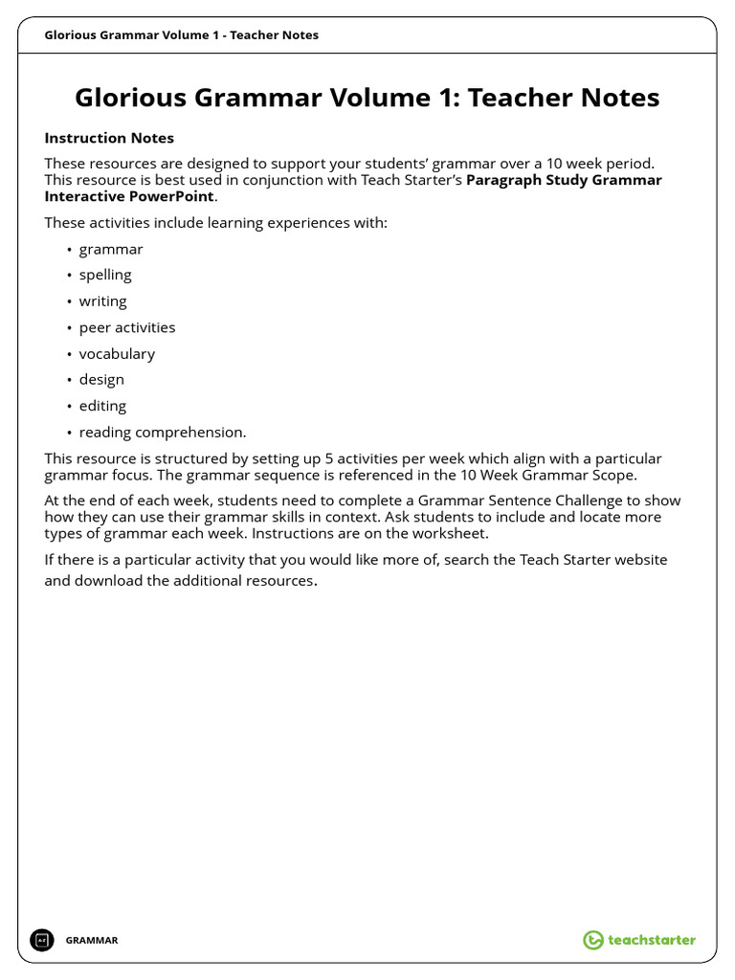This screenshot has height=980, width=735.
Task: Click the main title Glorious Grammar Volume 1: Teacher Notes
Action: pyautogui.click(x=367, y=98)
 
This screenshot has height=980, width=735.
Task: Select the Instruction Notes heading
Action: pyautogui.click(x=109, y=138)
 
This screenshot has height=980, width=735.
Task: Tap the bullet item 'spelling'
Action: pyautogui.click(x=105, y=275)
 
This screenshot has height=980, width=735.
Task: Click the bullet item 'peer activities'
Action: pyautogui.click(x=127, y=327)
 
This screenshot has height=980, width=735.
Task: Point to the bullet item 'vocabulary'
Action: pyautogui.click(x=117, y=353)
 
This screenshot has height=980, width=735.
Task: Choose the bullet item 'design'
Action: pyautogui.click(x=101, y=379)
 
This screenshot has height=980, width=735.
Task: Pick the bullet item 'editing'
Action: pyautogui.click(x=102, y=406)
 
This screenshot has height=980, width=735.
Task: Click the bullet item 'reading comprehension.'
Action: pyautogui.click(x=163, y=432)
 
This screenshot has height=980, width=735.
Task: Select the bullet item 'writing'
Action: pyautogui.click(x=102, y=301)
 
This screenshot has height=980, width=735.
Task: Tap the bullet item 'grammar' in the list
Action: pyautogui.click(x=111, y=249)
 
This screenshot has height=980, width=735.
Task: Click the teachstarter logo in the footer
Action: pyautogui.click(x=639, y=940)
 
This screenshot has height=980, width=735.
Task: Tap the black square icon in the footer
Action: pyautogui.click(x=41, y=940)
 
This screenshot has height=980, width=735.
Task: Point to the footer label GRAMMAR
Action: pyautogui.click(x=92, y=941)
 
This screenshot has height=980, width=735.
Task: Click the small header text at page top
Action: pyautogui.click(x=182, y=35)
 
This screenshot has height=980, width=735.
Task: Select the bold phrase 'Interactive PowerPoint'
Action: pyautogui.click(x=129, y=196)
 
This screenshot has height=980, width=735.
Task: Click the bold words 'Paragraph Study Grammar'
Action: pyautogui.click(x=563, y=180)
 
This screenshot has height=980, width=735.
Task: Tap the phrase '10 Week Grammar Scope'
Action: pyautogui.click(x=555, y=475)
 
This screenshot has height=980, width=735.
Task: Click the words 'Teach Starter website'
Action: pyautogui.click(x=593, y=559)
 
